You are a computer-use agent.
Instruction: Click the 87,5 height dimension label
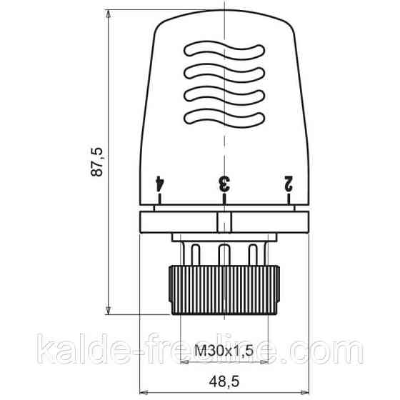click(x=96, y=161)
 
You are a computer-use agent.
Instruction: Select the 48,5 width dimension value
click(x=224, y=382)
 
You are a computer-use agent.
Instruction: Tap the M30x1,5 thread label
click(x=224, y=351)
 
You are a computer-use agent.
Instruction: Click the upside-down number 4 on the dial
click(x=160, y=183)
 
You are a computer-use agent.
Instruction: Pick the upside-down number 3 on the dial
click(x=224, y=184)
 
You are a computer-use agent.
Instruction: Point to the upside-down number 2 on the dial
click(x=289, y=183)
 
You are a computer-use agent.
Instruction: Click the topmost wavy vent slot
click(x=224, y=50)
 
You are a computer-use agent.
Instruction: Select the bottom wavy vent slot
click(x=224, y=118)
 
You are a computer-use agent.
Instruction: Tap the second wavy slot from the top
click(x=224, y=73)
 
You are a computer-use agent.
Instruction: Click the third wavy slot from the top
click(x=224, y=96)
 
